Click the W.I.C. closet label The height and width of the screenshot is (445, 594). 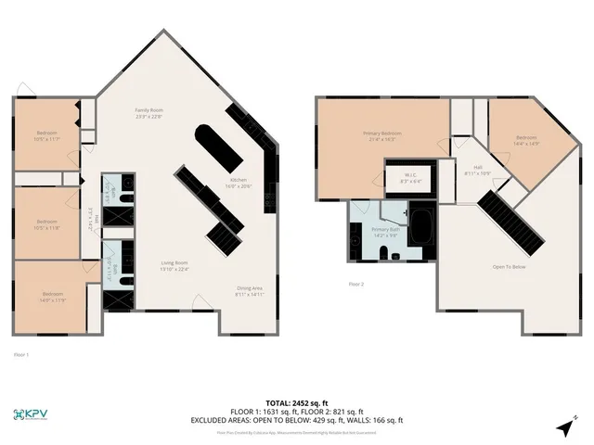tap(410, 179)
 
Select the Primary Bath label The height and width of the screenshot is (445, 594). tap(385, 232)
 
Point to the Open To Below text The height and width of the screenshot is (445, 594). tap(510, 266)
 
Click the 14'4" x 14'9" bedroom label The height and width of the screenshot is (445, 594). tap(525, 141)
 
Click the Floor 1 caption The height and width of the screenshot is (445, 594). tap(21, 354)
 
